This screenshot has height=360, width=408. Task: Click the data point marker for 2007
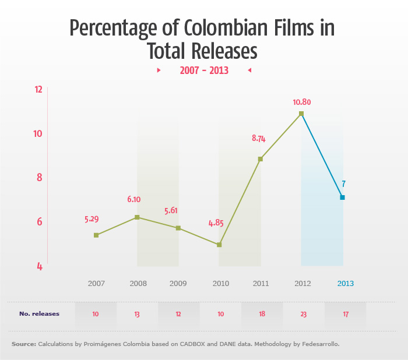point(96,235)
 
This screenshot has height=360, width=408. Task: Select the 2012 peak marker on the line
point(301,114)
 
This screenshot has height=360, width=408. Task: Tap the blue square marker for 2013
point(342,197)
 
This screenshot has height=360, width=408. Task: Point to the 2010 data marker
point(219,245)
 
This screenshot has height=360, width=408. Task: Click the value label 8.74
point(259,139)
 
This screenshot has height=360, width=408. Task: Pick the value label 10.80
point(302,102)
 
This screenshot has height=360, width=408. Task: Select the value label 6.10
point(134,199)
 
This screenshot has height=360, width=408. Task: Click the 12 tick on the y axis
point(39,90)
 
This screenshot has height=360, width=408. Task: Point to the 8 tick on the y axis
point(39,178)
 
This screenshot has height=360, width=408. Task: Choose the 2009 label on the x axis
point(178,284)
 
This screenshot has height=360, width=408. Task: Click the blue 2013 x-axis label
point(346,284)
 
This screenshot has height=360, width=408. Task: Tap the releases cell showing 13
point(136,314)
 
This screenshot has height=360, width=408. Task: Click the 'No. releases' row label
point(39,314)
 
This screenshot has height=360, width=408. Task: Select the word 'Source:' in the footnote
point(23,344)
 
